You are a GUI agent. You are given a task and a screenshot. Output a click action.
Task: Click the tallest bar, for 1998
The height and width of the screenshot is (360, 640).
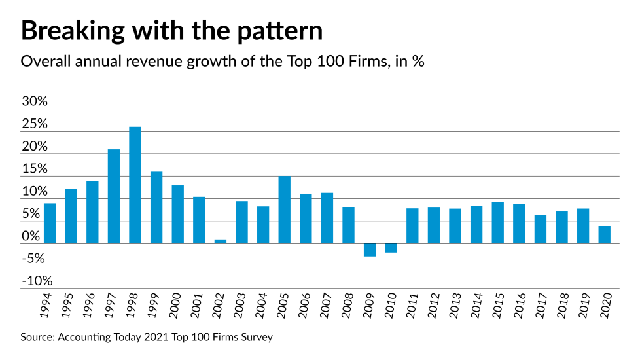click(x=135, y=185)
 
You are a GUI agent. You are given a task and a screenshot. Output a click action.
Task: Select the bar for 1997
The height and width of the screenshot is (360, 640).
click(x=114, y=196)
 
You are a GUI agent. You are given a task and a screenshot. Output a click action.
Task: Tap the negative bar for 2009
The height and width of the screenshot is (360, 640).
click(x=370, y=249)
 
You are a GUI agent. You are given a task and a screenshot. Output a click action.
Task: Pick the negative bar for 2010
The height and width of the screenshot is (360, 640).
click(x=391, y=247)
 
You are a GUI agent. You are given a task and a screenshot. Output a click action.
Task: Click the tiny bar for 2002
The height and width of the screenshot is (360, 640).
click(x=221, y=242)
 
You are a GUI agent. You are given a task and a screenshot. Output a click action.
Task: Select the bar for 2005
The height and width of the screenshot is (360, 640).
click(x=284, y=209)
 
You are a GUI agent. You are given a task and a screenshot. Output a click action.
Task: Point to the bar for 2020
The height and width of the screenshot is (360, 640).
click(x=604, y=235)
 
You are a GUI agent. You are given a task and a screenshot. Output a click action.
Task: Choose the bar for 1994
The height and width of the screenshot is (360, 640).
click(x=50, y=223)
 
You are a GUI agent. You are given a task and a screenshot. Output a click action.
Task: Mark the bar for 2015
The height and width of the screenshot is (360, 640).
click(x=497, y=223)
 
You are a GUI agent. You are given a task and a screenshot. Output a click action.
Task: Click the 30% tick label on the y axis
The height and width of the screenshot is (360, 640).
click(x=35, y=102)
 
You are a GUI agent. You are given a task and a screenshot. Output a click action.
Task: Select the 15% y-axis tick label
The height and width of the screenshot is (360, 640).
click(x=35, y=170)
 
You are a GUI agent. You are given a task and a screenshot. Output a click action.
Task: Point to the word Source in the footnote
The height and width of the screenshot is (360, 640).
click(x=38, y=338)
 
